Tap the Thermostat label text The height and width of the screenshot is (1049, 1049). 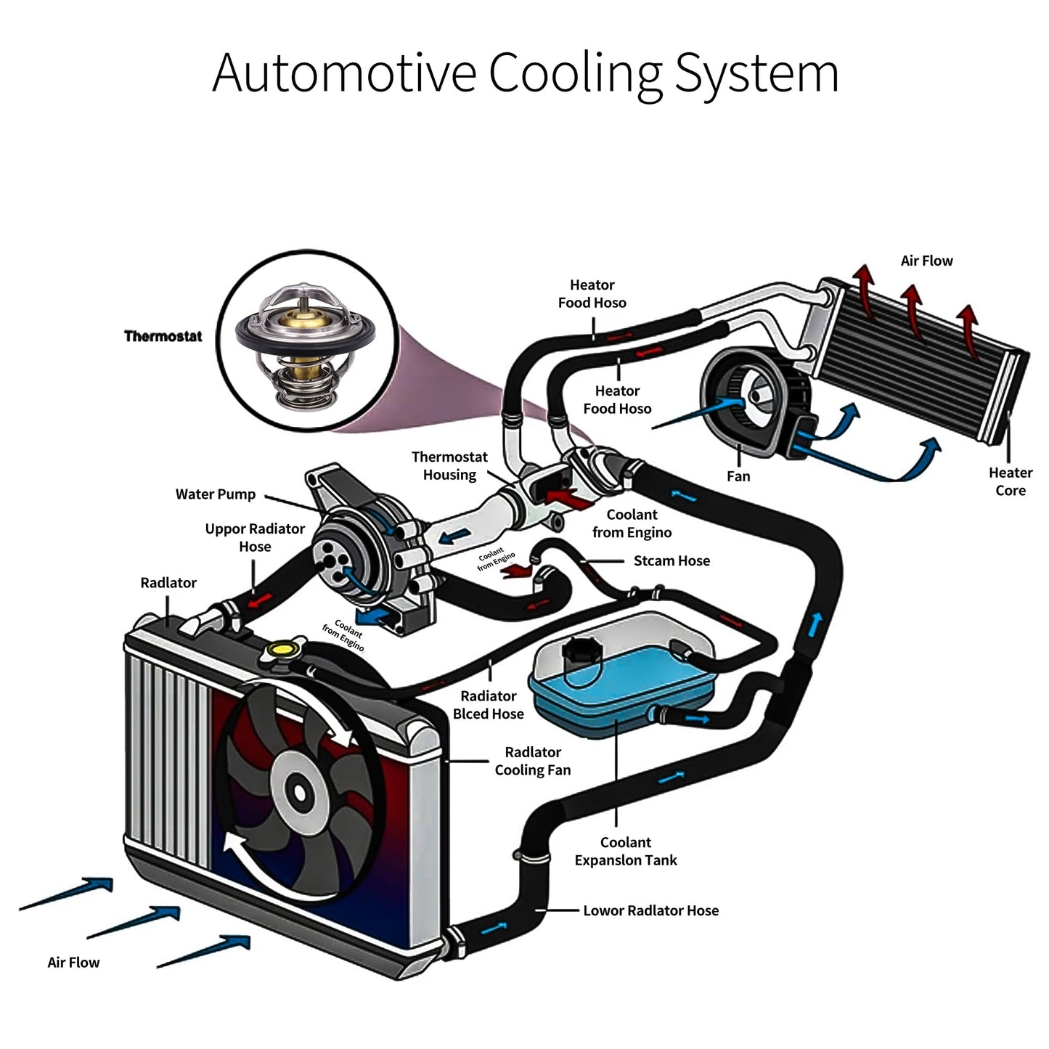163,336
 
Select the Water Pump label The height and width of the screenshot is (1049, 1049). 216,494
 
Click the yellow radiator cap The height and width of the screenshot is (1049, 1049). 280,648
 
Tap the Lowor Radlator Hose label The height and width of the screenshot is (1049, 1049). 650,910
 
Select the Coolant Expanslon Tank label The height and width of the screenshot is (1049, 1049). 625,852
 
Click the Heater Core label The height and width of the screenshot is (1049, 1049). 1010,481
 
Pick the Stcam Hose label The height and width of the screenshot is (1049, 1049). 672,560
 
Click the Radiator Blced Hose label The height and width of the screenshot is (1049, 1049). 489,705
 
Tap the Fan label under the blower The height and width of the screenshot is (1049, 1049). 738,476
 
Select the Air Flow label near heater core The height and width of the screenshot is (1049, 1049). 926,261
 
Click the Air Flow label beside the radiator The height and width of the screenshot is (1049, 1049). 73,963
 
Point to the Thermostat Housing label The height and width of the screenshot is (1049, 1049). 449,465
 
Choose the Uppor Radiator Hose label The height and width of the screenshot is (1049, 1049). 255,537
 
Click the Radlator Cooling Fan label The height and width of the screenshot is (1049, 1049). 533,761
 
